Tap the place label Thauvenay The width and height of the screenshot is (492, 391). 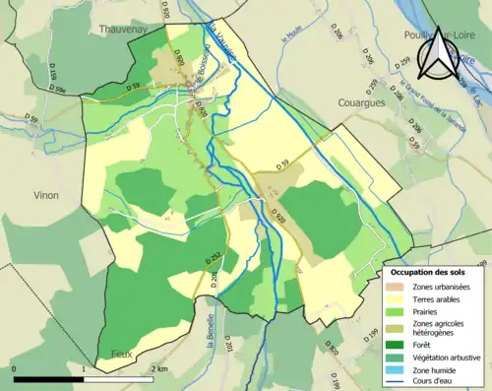[x=121, y=30]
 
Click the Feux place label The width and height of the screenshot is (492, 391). [x=111, y=352]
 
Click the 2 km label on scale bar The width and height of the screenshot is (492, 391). [x=159, y=368]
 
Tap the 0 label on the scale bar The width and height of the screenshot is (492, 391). [x=15, y=368]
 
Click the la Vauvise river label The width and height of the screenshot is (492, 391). [x=221, y=47]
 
